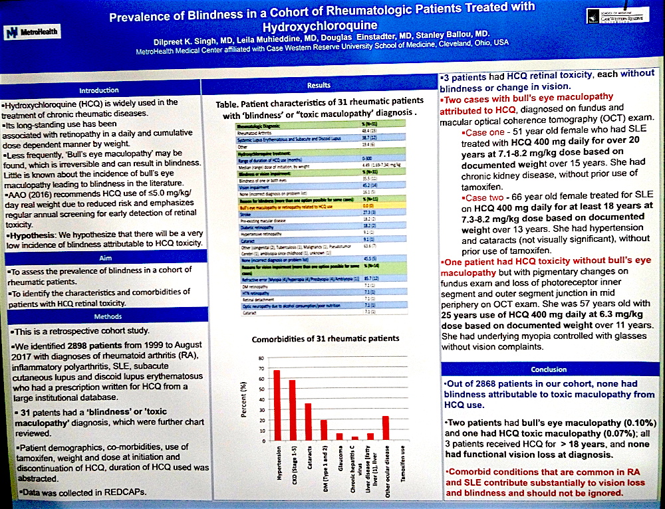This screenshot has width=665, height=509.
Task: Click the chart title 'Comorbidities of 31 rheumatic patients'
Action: (326, 338)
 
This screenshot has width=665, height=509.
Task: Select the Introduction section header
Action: (99, 90)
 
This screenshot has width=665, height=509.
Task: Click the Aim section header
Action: (99, 256)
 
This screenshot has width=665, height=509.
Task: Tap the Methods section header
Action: (99, 318)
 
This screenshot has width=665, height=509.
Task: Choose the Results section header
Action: (319, 85)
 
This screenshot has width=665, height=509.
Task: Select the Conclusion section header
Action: (549, 369)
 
